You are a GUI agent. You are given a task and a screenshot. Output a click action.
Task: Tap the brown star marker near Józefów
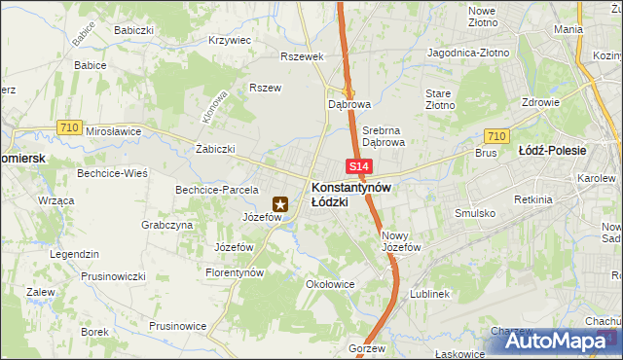pos(280,204)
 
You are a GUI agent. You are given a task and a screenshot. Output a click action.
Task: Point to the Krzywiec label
pos(231,41)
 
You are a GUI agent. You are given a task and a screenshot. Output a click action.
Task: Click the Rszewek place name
pos(301,56)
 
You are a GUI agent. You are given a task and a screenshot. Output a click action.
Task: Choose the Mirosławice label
pos(113,131)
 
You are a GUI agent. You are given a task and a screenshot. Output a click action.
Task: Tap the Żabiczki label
pos(215,149)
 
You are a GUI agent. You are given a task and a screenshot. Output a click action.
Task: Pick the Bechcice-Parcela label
pos(215,190)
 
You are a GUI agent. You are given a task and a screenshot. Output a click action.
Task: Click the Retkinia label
pos(534,199)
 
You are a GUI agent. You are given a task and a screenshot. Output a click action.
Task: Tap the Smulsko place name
pos(475,212)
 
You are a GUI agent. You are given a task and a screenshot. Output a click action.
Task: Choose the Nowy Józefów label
pos(400,241)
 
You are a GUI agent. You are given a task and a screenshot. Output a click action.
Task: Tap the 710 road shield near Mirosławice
pos(68,126)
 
